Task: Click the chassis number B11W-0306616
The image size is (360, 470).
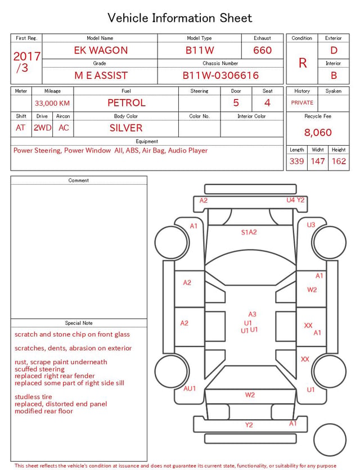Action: click(220, 75)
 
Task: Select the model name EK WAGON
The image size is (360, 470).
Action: click(101, 50)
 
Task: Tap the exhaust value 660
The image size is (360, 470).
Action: click(262, 50)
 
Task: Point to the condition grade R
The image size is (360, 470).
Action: click(303, 63)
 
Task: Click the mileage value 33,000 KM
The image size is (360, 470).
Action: click(52, 104)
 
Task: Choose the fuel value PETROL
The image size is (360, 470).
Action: click(127, 103)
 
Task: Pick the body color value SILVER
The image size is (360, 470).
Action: click(126, 128)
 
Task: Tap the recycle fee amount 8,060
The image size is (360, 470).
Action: click(318, 132)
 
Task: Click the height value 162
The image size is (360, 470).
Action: click(339, 161)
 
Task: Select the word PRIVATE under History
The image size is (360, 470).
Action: click(302, 102)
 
